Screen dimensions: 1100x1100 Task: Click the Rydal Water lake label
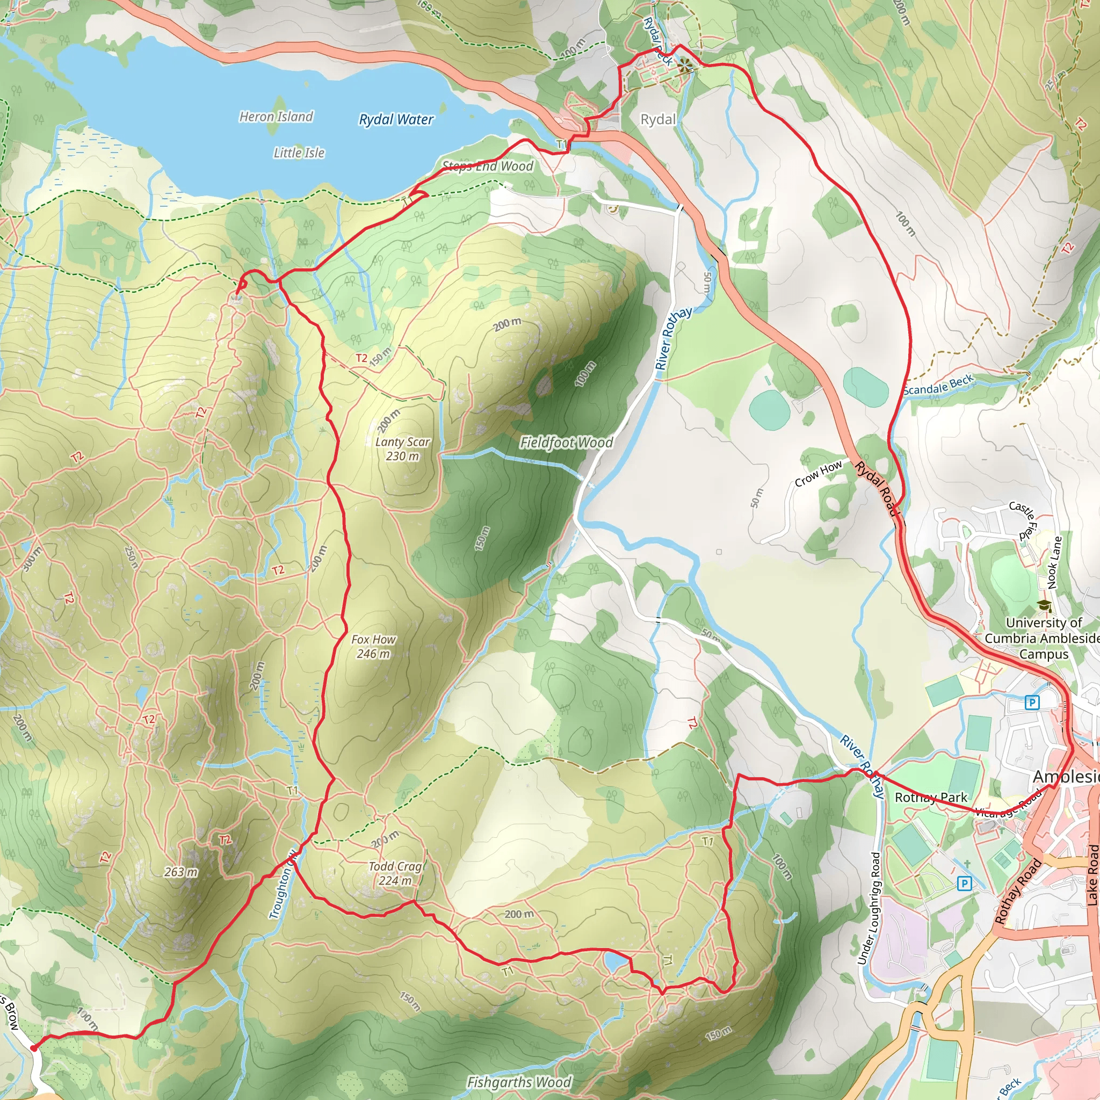pyautogui.click(x=396, y=120)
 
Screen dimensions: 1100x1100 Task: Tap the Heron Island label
pyautogui.click(x=276, y=117)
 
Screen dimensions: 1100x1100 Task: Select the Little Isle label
pyautogui.click(x=299, y=153)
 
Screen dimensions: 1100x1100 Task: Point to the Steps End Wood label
pyautogui.click(x=488, y=167)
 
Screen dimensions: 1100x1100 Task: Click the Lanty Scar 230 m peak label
pyautogui.click(x=402, y=448)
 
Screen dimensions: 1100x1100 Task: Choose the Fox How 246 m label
pyautogui.click(x=373, y=646)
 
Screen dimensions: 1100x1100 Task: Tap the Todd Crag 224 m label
pyautogui.click(x=395, y=873)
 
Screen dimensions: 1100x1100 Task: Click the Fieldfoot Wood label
pyautogui.click(x=567, y=443)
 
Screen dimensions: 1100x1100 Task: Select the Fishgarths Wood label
pyautogui.click(x=519, y=1082)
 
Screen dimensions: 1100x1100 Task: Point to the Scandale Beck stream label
pyautogui.click(x=938, y=386)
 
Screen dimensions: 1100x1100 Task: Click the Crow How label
pyautogui.click(x=818, y=474)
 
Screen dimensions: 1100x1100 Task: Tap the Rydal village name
pyautogui.click(x=658, y=120)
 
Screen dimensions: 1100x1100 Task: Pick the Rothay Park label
pyautogui.click(x=930, y=797)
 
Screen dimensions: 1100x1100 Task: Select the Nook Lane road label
pyautogui.click(x=1054, y=562)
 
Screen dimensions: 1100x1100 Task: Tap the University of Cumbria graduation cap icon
pyautogui.click(x=1044, y=605)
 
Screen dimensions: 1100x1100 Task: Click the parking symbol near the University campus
pyautogui.click(x=1032, y=703)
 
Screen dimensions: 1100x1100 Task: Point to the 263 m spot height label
pyautogui.click(x=181, y=872)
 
